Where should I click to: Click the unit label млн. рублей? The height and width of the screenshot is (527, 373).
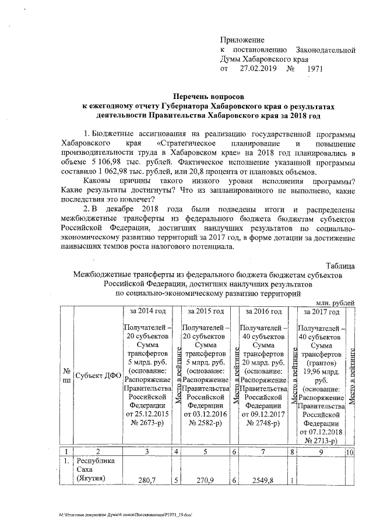pos(335,303)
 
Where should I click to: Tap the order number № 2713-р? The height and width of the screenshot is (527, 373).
pos(320,441)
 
